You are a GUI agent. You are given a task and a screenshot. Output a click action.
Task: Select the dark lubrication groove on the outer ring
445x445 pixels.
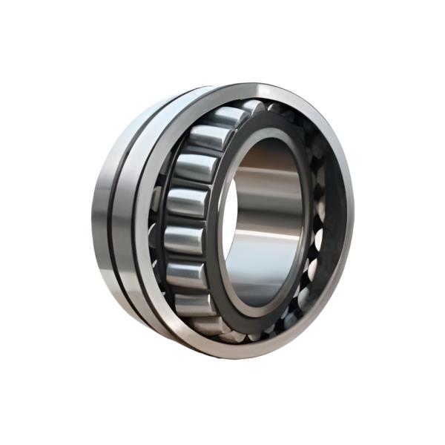pos(119,215)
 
